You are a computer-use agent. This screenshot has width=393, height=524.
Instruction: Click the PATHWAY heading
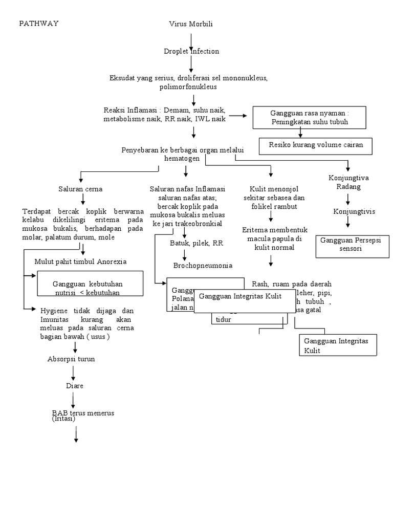point(39,24)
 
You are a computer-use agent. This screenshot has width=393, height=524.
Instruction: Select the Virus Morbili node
point(191,24)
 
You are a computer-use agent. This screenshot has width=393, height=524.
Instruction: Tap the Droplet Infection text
point(191,51)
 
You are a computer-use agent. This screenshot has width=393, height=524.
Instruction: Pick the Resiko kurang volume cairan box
point(316,145)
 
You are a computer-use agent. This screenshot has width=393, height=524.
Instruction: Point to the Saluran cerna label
point(80,189)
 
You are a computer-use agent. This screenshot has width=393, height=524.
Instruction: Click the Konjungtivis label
point(351,211)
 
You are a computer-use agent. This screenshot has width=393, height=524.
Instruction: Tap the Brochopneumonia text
point(203,265)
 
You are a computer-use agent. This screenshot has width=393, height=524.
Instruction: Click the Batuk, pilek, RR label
point(196,243)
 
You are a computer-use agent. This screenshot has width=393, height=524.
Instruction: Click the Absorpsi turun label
point(71,359)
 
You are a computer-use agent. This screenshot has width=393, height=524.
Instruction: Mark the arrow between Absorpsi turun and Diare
point(74,373)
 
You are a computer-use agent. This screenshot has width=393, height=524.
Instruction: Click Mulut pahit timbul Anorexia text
point(80,261)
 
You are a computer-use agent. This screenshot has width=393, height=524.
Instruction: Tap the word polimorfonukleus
point(188,87)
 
